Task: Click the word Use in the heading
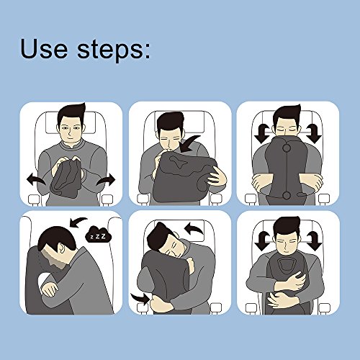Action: click(44, 48)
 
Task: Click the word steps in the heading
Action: click(110, 50)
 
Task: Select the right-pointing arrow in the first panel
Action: click(107, 181)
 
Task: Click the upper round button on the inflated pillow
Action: click(287, 148)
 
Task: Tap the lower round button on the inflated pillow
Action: click(287, 196)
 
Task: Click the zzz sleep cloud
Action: click(99, 235)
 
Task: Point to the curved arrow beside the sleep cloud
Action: click(77, 222)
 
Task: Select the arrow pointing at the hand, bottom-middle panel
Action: click(140, 298)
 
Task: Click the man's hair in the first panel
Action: click(71, 114)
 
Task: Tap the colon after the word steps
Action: click(148, 51)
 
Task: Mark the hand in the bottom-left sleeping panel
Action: click(50, 289)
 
